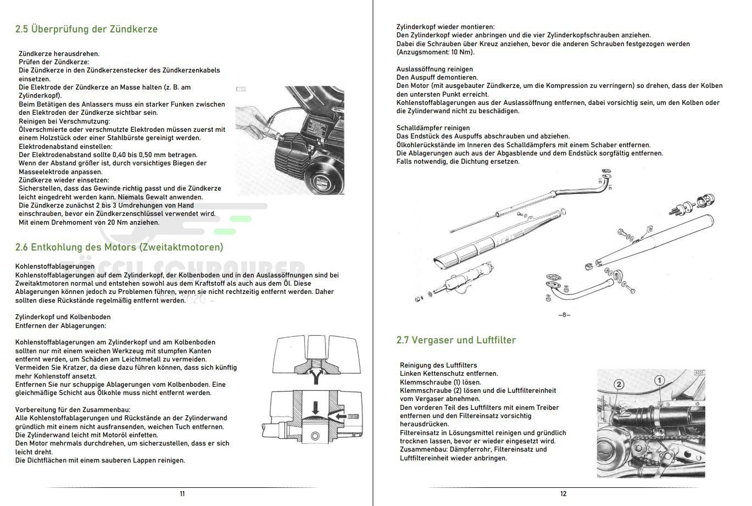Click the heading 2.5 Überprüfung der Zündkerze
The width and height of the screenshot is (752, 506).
pos(86,29)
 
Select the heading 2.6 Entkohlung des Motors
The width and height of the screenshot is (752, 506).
pos(119,247)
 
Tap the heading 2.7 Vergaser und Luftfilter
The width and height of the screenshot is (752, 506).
pos(456,340)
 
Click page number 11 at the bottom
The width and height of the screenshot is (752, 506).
pos(182,493)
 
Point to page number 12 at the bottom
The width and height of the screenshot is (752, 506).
pos(563,493)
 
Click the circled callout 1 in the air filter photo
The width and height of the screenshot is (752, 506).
pos(659,380)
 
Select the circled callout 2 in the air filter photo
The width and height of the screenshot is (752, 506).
pos(619,385)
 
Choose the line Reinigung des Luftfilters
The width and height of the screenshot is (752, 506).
pos(438,365)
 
